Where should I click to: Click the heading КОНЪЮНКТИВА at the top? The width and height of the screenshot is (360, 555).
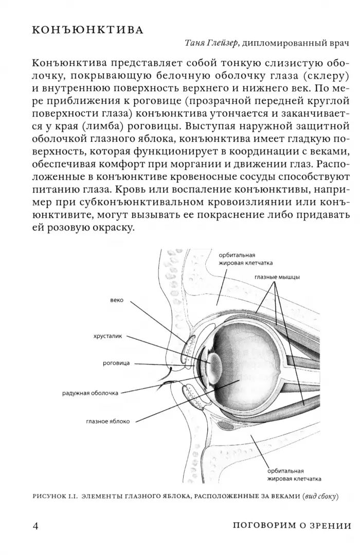point(87,30)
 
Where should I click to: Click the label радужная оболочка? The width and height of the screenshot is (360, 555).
point(90,393)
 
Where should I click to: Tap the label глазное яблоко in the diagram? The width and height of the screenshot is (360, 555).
point(108,421)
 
